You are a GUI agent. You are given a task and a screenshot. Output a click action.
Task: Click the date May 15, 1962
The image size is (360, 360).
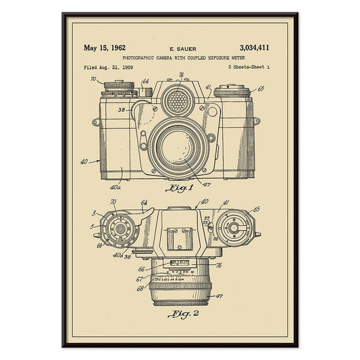pos(105,48)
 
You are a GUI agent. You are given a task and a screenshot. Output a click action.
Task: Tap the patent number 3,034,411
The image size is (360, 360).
pos(254,48)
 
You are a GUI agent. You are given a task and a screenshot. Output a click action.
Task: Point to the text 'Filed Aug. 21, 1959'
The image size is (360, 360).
pos(108,68)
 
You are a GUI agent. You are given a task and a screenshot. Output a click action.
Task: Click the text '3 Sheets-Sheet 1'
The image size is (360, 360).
pos(249,68)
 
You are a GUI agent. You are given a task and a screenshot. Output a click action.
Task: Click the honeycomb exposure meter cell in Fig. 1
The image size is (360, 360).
pos(177,102)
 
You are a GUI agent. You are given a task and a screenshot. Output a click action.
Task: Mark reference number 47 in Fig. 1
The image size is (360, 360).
pos(207,184)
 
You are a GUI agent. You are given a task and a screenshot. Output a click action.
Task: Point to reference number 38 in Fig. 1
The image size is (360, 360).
pos(121,109)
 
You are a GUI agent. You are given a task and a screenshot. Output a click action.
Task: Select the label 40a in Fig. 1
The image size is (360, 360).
pos(115,187)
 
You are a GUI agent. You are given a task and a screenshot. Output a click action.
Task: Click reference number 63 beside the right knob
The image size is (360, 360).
pos(261,88)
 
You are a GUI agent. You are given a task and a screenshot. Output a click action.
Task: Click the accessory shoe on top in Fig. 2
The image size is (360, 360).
pos(178,237)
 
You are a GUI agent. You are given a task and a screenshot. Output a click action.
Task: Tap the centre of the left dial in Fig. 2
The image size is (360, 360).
pos(121,228)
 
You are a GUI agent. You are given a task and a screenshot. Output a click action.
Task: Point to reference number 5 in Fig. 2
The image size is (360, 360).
pos(92,226)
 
